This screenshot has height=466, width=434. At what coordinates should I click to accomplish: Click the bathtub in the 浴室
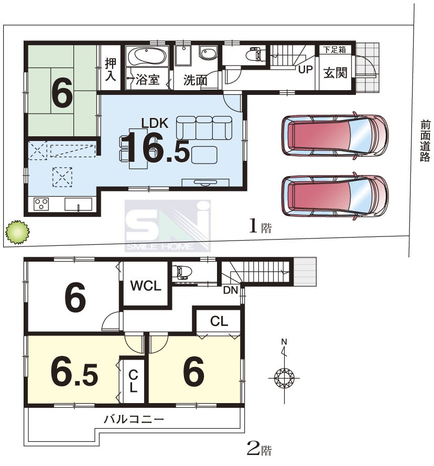pos(147,56)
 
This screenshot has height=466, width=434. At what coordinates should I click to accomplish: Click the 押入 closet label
pos(110,70)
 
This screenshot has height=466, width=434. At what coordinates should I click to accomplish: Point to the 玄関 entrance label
pos(335,73)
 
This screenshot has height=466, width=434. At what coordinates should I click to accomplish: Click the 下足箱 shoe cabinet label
pos(335,50)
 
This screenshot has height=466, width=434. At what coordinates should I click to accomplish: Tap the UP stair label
pos(305,70)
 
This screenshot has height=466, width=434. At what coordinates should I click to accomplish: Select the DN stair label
pos(231,290)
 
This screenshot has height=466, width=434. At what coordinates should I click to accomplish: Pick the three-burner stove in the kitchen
pos(41,204)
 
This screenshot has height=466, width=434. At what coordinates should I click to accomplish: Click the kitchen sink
pos(78,204)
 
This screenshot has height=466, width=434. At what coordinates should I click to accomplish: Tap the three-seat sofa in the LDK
pos(204,128)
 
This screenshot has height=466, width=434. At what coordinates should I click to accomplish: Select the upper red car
pos(335,135)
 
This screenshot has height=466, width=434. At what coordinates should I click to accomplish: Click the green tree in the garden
pos(17,232)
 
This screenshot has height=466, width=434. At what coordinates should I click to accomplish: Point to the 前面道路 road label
pos(425,141)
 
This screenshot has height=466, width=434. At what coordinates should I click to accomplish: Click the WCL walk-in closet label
pos(146,286)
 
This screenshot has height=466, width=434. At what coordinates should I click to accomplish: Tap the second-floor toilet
pos(182,272)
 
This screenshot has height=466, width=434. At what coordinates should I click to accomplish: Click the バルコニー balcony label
pos(134,419)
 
